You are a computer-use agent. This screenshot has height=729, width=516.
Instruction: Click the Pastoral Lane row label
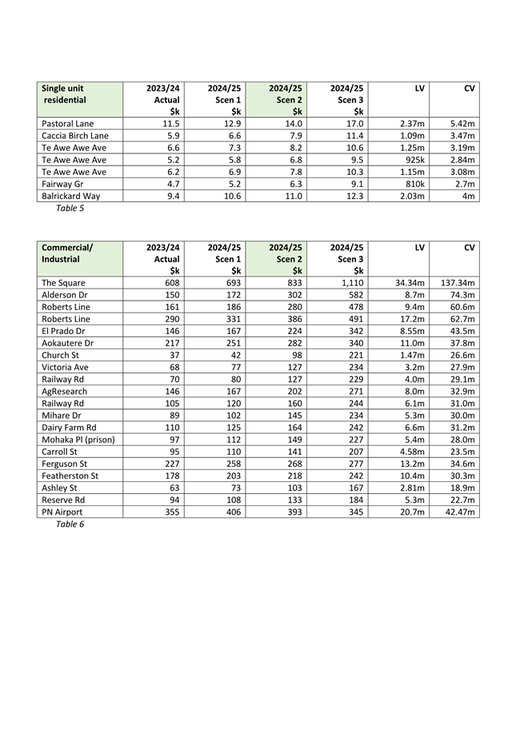(67, 124)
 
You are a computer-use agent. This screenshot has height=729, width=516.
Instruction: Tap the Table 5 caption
(70, 209)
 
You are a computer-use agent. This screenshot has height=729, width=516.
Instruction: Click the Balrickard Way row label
(71, 196)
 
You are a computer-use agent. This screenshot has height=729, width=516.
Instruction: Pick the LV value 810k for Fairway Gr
(414, 184)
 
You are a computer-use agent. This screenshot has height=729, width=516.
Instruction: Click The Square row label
(63, 283)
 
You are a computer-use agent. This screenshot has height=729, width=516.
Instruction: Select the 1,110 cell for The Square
(350, 283)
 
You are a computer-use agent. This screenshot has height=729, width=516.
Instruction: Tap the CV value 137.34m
(458, 283)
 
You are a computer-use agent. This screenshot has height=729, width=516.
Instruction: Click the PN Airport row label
(62, 512)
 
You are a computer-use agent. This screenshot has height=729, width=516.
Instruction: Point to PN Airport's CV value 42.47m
(460, 512)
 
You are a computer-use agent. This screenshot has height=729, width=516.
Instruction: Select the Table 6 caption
(70, 524)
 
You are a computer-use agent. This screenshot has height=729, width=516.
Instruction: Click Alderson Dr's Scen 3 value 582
(354, 295)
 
